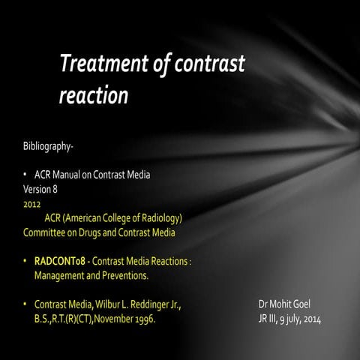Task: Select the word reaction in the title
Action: click(93, 96)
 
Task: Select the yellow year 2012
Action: click(32, 202)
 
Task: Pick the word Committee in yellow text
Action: click(46, 232)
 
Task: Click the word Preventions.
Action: click(121, 276)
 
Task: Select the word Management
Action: click(61, 276)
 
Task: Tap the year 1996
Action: click(144, 320)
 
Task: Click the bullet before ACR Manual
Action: click(26, 174)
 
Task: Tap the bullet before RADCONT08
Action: click(26, 262)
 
